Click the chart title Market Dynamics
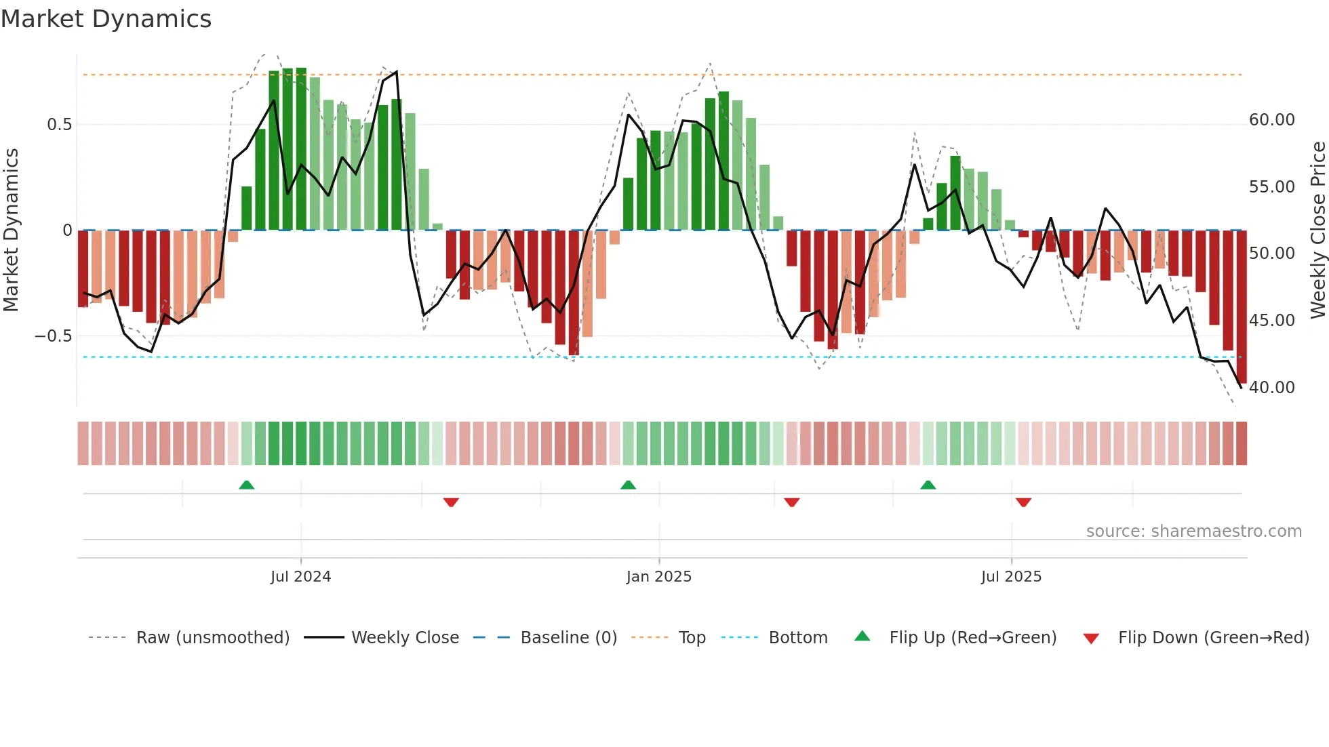106,19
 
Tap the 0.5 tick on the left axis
59,125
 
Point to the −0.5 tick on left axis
54,336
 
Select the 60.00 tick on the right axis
1271,120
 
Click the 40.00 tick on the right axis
1271,388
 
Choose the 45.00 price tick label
1271,321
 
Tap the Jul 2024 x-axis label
300,577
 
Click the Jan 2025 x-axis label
658,577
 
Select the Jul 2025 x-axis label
1010,577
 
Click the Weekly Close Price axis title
1317,230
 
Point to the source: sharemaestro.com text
1193,531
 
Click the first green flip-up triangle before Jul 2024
247,485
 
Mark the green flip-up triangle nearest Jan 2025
628,485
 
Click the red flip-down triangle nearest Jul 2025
1023,502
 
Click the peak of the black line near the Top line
397,72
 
